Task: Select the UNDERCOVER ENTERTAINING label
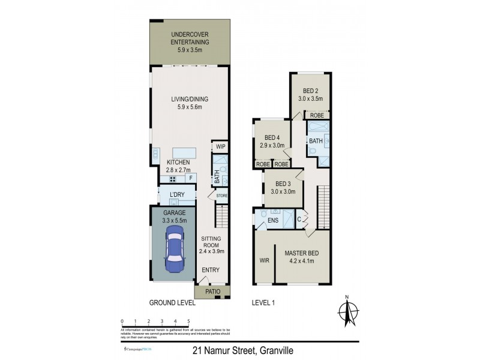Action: [x=190, y=38]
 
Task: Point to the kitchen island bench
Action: [x=185, y=153]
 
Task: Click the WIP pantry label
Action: [x=220, y=146]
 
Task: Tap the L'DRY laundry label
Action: [x=176, y=194]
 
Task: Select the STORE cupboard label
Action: [x=222, y=196]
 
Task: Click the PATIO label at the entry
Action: [x=213, y=292]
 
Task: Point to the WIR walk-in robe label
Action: [x=264, y=261]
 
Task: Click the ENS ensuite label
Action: [x=273, y=221]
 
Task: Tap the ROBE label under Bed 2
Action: [x=317, y=115]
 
